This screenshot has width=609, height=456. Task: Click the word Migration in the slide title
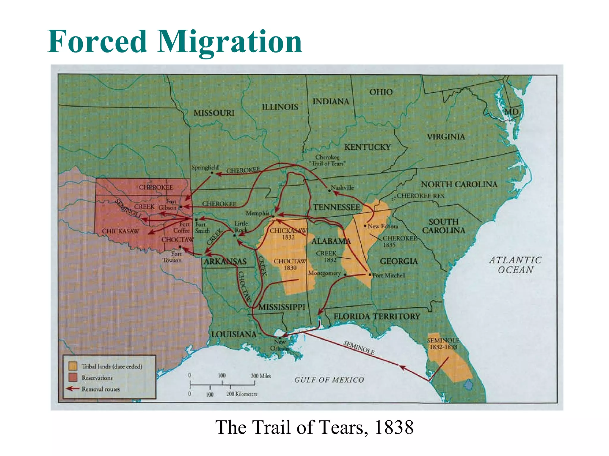click(230, 42)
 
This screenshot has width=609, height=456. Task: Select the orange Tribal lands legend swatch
click(73, 366)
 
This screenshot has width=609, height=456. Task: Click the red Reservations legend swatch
click(73, 377)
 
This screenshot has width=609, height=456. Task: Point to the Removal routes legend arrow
click(72, 389)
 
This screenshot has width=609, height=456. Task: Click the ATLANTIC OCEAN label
click(515, 265)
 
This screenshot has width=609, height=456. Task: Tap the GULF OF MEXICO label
click(329, 380)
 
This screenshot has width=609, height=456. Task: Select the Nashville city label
click(342, 188)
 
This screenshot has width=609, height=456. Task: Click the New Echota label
click(383, 226)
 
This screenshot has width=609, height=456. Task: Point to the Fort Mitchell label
click(389, 275)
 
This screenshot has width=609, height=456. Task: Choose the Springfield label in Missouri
click(205, 167)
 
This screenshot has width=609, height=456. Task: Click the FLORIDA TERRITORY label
click(377, 316)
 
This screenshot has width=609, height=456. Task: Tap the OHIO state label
click(381, 92)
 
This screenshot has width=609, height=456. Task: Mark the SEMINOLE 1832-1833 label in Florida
click(443, 343)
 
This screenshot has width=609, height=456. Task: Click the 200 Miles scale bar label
click(261, 376)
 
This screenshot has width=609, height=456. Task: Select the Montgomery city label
click(324, 273)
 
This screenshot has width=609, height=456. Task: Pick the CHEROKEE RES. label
click(421, 196)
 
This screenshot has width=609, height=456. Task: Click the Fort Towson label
click(172, 257)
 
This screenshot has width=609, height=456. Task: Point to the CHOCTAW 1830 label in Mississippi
click(290, 264)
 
